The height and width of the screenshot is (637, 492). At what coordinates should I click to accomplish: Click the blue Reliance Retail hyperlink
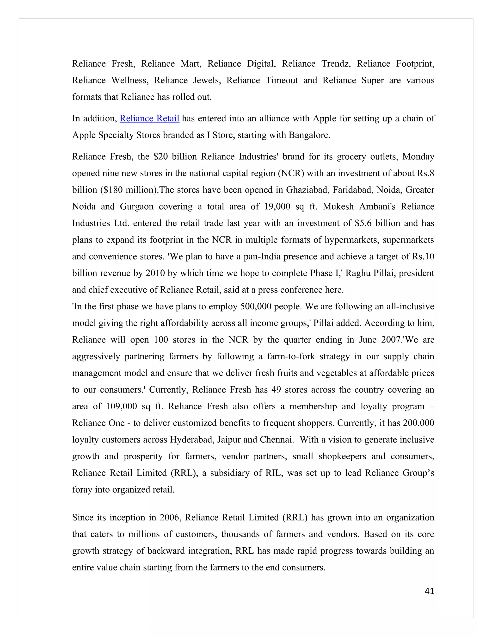149,119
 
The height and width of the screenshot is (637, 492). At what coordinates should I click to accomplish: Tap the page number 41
429,591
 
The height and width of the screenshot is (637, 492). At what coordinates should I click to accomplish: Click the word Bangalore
309,135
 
